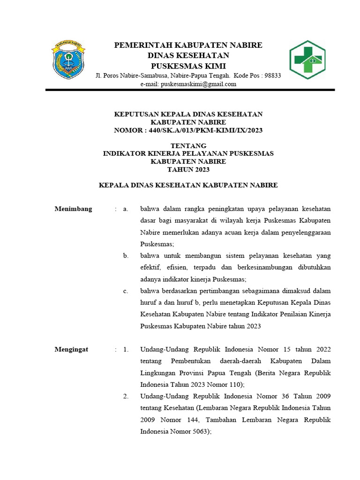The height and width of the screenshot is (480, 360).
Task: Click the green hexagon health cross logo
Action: pos(307,60)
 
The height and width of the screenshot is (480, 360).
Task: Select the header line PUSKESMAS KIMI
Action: pos(188,66)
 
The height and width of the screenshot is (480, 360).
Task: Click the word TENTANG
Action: pos(188,145)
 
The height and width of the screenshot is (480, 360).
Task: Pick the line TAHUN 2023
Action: pos(188,169)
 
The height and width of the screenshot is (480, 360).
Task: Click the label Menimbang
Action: pos(74,209)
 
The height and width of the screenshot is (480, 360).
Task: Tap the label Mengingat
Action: pos(72,349)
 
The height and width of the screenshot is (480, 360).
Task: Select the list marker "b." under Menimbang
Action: pos(126,255)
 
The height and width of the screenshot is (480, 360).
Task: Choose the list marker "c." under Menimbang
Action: pos(126,291)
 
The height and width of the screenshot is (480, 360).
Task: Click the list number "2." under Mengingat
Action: pos(126,397)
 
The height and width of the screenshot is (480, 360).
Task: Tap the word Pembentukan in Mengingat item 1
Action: pos(193,361)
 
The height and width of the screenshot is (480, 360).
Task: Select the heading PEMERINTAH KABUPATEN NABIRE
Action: pos(188,45)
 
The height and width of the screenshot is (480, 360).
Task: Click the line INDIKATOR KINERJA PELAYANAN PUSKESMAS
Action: pos(188,153)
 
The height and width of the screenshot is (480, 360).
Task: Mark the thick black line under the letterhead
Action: pos(188,90)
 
